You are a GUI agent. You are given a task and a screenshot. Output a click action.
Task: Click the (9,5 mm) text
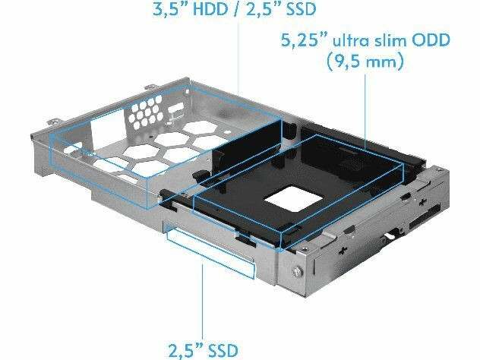point(365,62)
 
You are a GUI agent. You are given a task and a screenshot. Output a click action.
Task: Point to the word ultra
point(349,40)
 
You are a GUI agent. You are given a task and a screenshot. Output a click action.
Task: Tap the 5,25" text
point(304,40)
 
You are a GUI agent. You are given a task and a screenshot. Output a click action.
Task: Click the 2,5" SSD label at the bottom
point(202,350)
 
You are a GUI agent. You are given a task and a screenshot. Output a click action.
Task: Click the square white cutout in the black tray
point(293,198)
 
